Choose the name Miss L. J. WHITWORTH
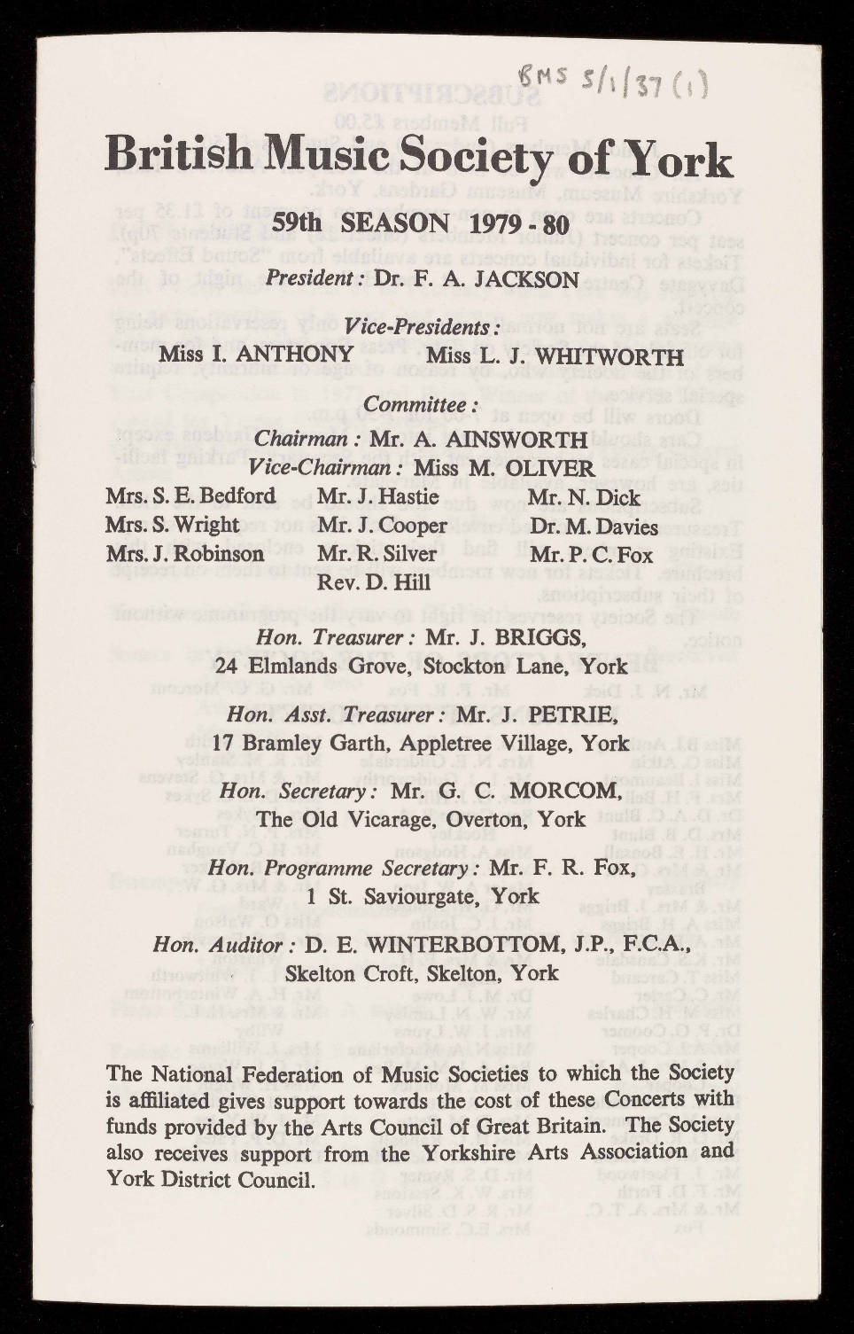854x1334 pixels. click(x=555, y=356)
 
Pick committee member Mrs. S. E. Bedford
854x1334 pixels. click(x=190, y=495)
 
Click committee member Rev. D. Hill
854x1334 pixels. click(x=374, y=582)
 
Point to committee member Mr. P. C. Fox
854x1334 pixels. click(x=591, y=555)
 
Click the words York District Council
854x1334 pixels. click(x=210, y=1180)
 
